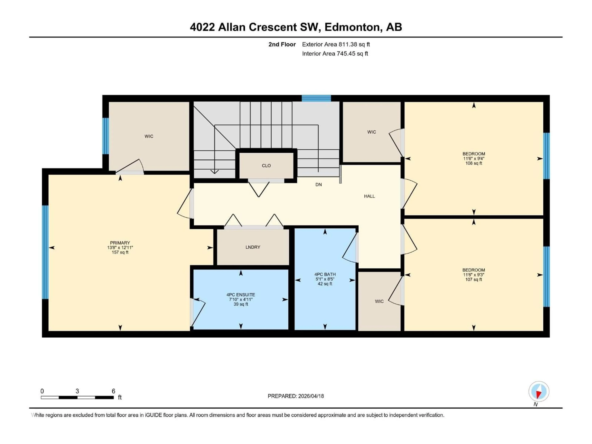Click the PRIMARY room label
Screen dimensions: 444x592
coord(120,243)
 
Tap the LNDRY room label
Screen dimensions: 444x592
coord(253,247)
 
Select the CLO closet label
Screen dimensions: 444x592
coord(266,166)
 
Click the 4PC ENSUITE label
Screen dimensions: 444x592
coord(241,295)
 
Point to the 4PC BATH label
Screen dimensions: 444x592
coord(325,274)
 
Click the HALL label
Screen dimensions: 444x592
coord(369,196)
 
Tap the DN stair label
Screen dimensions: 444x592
coord(319,185)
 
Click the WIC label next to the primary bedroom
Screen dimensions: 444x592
coord(149,136)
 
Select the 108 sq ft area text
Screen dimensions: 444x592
coord(474,163)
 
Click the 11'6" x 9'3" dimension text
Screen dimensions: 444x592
coord(474,275)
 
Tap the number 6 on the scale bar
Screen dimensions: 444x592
coord(113,391)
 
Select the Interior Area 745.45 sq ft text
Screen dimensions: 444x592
coord(335,53)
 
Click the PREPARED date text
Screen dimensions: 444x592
coord(296,396)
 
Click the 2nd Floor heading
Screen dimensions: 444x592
coord(282,44)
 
